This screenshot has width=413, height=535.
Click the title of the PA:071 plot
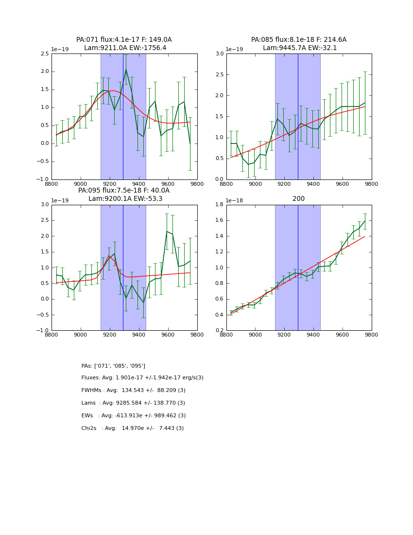[124, 44]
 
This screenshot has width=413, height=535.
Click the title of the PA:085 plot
[299, 44]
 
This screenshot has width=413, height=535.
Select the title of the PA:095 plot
[124, 195]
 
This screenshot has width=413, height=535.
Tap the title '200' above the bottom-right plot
[299, 198]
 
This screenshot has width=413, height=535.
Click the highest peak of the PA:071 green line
[126, 70]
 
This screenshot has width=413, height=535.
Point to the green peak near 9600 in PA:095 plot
[167, 232]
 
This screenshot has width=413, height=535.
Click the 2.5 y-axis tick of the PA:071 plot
[45, 54]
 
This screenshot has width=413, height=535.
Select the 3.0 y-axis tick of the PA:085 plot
[220, 54]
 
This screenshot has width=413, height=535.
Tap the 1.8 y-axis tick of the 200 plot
[220, 205]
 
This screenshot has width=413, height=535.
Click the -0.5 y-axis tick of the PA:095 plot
[43, 315]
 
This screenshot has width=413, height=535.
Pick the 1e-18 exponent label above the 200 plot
[235, 200]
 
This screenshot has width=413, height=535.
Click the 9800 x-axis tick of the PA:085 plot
[372, 184]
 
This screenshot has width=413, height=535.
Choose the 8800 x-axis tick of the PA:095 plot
[52, 335]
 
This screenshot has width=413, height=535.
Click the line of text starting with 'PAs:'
[113, 366]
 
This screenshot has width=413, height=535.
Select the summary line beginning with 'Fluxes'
[142, 378]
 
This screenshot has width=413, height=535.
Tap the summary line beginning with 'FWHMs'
[133, 391]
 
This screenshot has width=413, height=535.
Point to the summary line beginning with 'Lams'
[133, 403]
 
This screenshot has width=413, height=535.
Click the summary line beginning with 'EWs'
[133, 416]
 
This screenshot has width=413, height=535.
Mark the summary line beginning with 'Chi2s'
[132, 428]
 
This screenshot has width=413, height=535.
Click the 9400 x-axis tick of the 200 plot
[313, 335]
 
